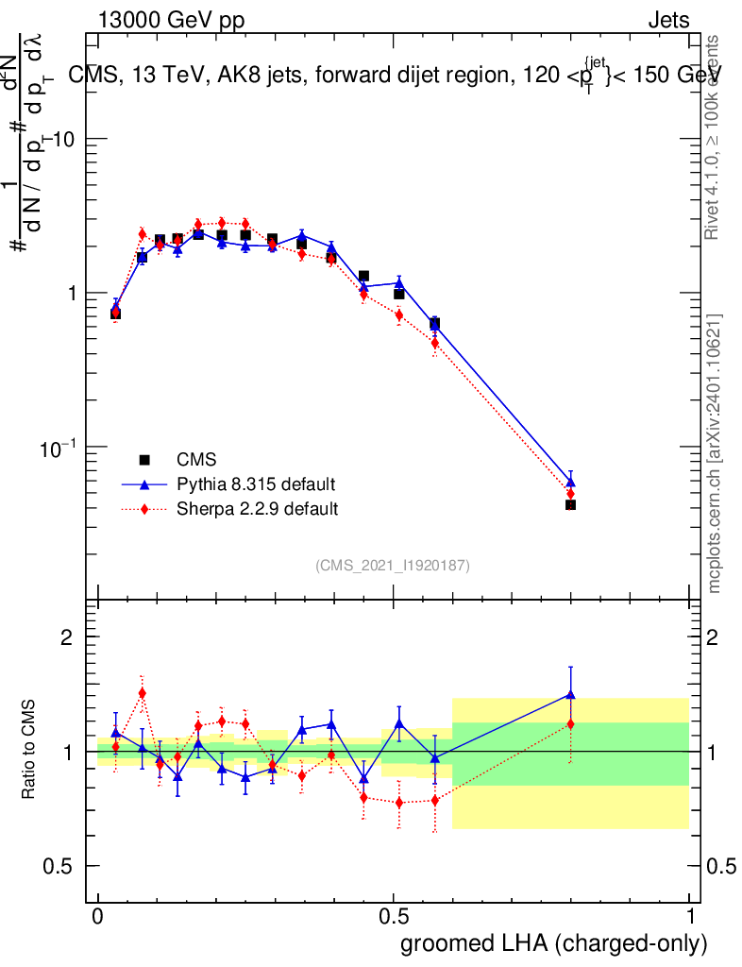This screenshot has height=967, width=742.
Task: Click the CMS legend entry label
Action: [x=196, y=460]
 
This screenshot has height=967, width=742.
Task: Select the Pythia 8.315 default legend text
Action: [x=255, y=484]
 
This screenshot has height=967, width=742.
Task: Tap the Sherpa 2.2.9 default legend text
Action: [x=257, y=509]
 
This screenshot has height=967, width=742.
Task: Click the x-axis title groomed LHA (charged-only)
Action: [x=555, y=942]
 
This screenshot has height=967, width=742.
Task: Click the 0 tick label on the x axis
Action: [x=98, y=916]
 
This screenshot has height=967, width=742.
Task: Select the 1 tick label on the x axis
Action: [x=690, y=916]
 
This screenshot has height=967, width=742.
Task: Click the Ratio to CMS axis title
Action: [x=30, y=751]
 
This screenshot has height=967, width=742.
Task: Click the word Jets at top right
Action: [x=667, y=19]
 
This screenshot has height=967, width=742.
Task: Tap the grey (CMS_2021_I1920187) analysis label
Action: [x=393, y=566]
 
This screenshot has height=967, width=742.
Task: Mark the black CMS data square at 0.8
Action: [x=570, y=505]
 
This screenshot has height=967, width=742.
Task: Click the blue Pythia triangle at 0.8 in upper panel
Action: [x=570, y=482]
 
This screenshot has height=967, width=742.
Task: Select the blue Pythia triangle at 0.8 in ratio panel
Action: [x=570, y=694]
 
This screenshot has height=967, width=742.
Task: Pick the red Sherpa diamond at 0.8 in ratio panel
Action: [x=570, y=724]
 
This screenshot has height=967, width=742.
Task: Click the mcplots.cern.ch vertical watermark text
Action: [x=715, y=453]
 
